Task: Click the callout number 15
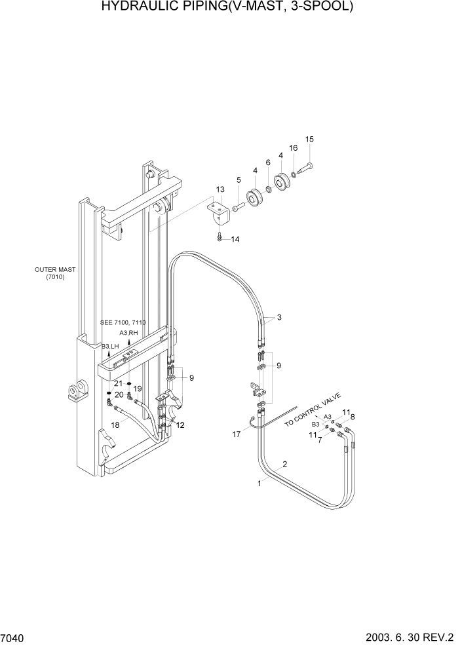point(309,139)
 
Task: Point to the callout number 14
point(235,239)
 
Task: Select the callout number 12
point(180,425)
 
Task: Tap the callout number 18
point(115,425)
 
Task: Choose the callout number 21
point(118,383)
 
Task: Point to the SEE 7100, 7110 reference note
point(123,323)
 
